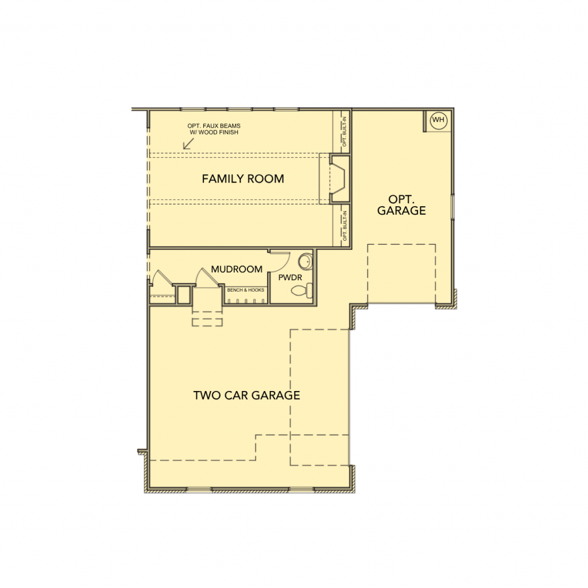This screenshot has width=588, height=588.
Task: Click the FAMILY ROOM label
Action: (x=243, y=179)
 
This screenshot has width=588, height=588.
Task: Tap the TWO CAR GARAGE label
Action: (x=247, y=395)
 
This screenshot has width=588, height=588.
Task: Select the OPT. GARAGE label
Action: (x=401, y=205)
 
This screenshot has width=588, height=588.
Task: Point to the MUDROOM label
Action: (x=237, y=269)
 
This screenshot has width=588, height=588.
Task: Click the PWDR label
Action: (x=290, y=277)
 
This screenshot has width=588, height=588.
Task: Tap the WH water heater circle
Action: (x=438, y=120)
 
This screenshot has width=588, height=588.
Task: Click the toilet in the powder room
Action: (x=302, y=290)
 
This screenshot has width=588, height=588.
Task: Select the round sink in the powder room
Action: (x=305, y=262)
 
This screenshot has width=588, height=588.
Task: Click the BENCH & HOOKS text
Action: (x=246, y=290)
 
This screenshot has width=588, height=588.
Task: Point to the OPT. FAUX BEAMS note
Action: (x=214, y=129)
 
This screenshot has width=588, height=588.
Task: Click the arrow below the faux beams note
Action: (x=188, y=144)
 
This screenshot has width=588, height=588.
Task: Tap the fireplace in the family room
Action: (x=339, y=179)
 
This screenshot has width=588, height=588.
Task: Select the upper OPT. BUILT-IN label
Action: (x=345, y=131)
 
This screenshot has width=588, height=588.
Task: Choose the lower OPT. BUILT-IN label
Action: (x=345, y=226)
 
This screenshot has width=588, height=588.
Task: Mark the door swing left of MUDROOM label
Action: (x=206, y=278)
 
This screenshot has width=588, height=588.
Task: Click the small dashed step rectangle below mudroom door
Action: (x=207, y=322)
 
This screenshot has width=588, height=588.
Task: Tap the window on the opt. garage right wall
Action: (x=452, y=206)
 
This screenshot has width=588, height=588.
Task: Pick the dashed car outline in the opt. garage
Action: (x=401, y=274)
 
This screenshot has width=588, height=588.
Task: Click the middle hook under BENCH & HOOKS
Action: (x=246, y=301)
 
